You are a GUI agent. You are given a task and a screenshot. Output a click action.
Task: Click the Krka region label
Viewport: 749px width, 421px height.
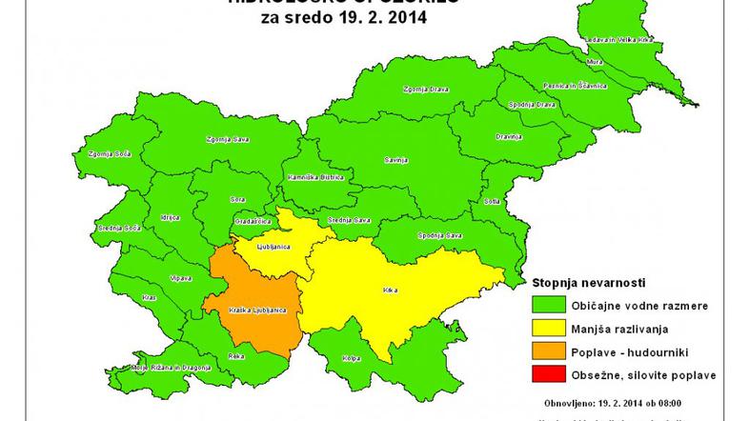[x=389, y=288]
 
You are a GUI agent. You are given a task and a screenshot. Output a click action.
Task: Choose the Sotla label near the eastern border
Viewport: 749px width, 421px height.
[x=493, y=202]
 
